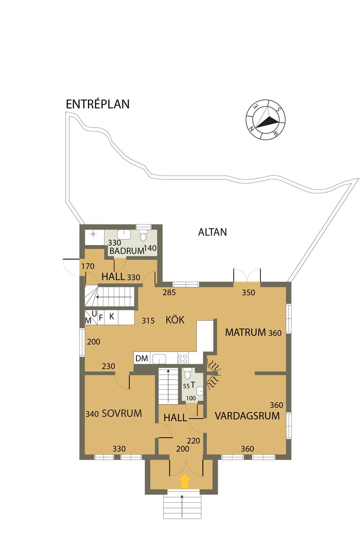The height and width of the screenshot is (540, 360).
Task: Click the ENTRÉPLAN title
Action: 98,104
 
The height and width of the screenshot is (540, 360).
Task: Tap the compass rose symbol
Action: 265,119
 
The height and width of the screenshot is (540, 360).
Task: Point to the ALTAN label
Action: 212,232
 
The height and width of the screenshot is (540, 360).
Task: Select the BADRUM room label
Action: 127,251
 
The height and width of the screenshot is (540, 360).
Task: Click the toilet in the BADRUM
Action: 143,237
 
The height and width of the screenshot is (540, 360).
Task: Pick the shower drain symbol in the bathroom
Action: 93,234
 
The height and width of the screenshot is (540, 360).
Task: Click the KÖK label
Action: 175,320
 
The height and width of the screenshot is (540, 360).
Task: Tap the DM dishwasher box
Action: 142,358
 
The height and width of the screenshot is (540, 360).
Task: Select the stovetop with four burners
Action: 182,358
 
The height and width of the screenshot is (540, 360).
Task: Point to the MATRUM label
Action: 245,333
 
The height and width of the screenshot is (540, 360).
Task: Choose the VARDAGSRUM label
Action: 247,416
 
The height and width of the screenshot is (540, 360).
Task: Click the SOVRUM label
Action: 122,413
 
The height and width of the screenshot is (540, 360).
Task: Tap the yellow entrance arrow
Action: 185,482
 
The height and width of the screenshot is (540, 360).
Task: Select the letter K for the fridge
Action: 111,316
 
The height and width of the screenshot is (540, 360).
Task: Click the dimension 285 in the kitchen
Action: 169,292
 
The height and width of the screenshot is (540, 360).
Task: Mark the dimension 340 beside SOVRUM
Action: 92,414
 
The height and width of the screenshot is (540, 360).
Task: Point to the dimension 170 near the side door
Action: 88,266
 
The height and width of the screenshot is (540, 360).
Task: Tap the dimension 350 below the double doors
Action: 248,292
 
